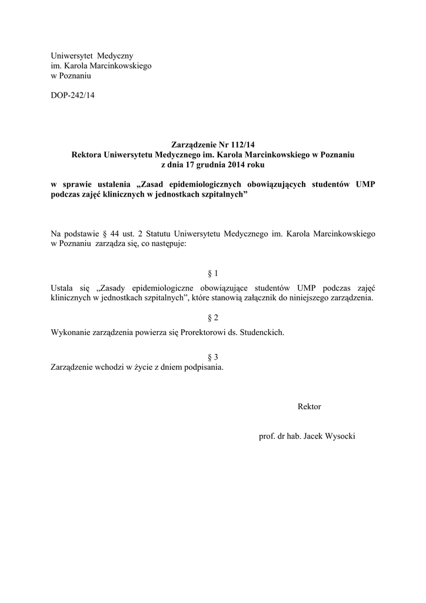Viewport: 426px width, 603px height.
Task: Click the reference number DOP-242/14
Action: pos(72,95)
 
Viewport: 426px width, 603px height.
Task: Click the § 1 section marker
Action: pos(213,273)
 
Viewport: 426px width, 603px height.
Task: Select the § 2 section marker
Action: pos(213,318)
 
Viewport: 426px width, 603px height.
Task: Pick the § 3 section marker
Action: pos(213,357)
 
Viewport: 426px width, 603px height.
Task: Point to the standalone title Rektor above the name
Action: pos(309,406)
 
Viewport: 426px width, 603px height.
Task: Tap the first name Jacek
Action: pos(312,436)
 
